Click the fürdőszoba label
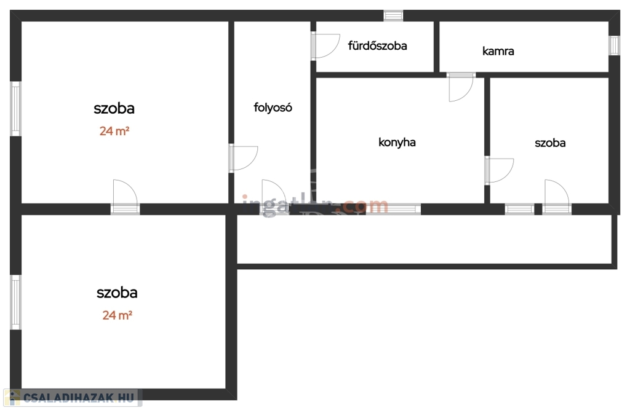[377, 45]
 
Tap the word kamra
[498, 51]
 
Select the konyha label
[397, 142]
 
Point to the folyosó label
[273, 108]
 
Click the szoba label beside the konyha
[550, 143]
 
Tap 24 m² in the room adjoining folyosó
[114, 131]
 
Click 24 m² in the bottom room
[118, 315]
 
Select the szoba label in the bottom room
[117, 293]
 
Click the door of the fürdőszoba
[324, 45]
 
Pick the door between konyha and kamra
[461, 87]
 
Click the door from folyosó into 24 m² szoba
[242, 158]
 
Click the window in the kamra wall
[614, 45]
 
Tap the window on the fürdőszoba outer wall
[393, 15]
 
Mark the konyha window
[394, 209]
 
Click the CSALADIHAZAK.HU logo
[72, 398]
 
